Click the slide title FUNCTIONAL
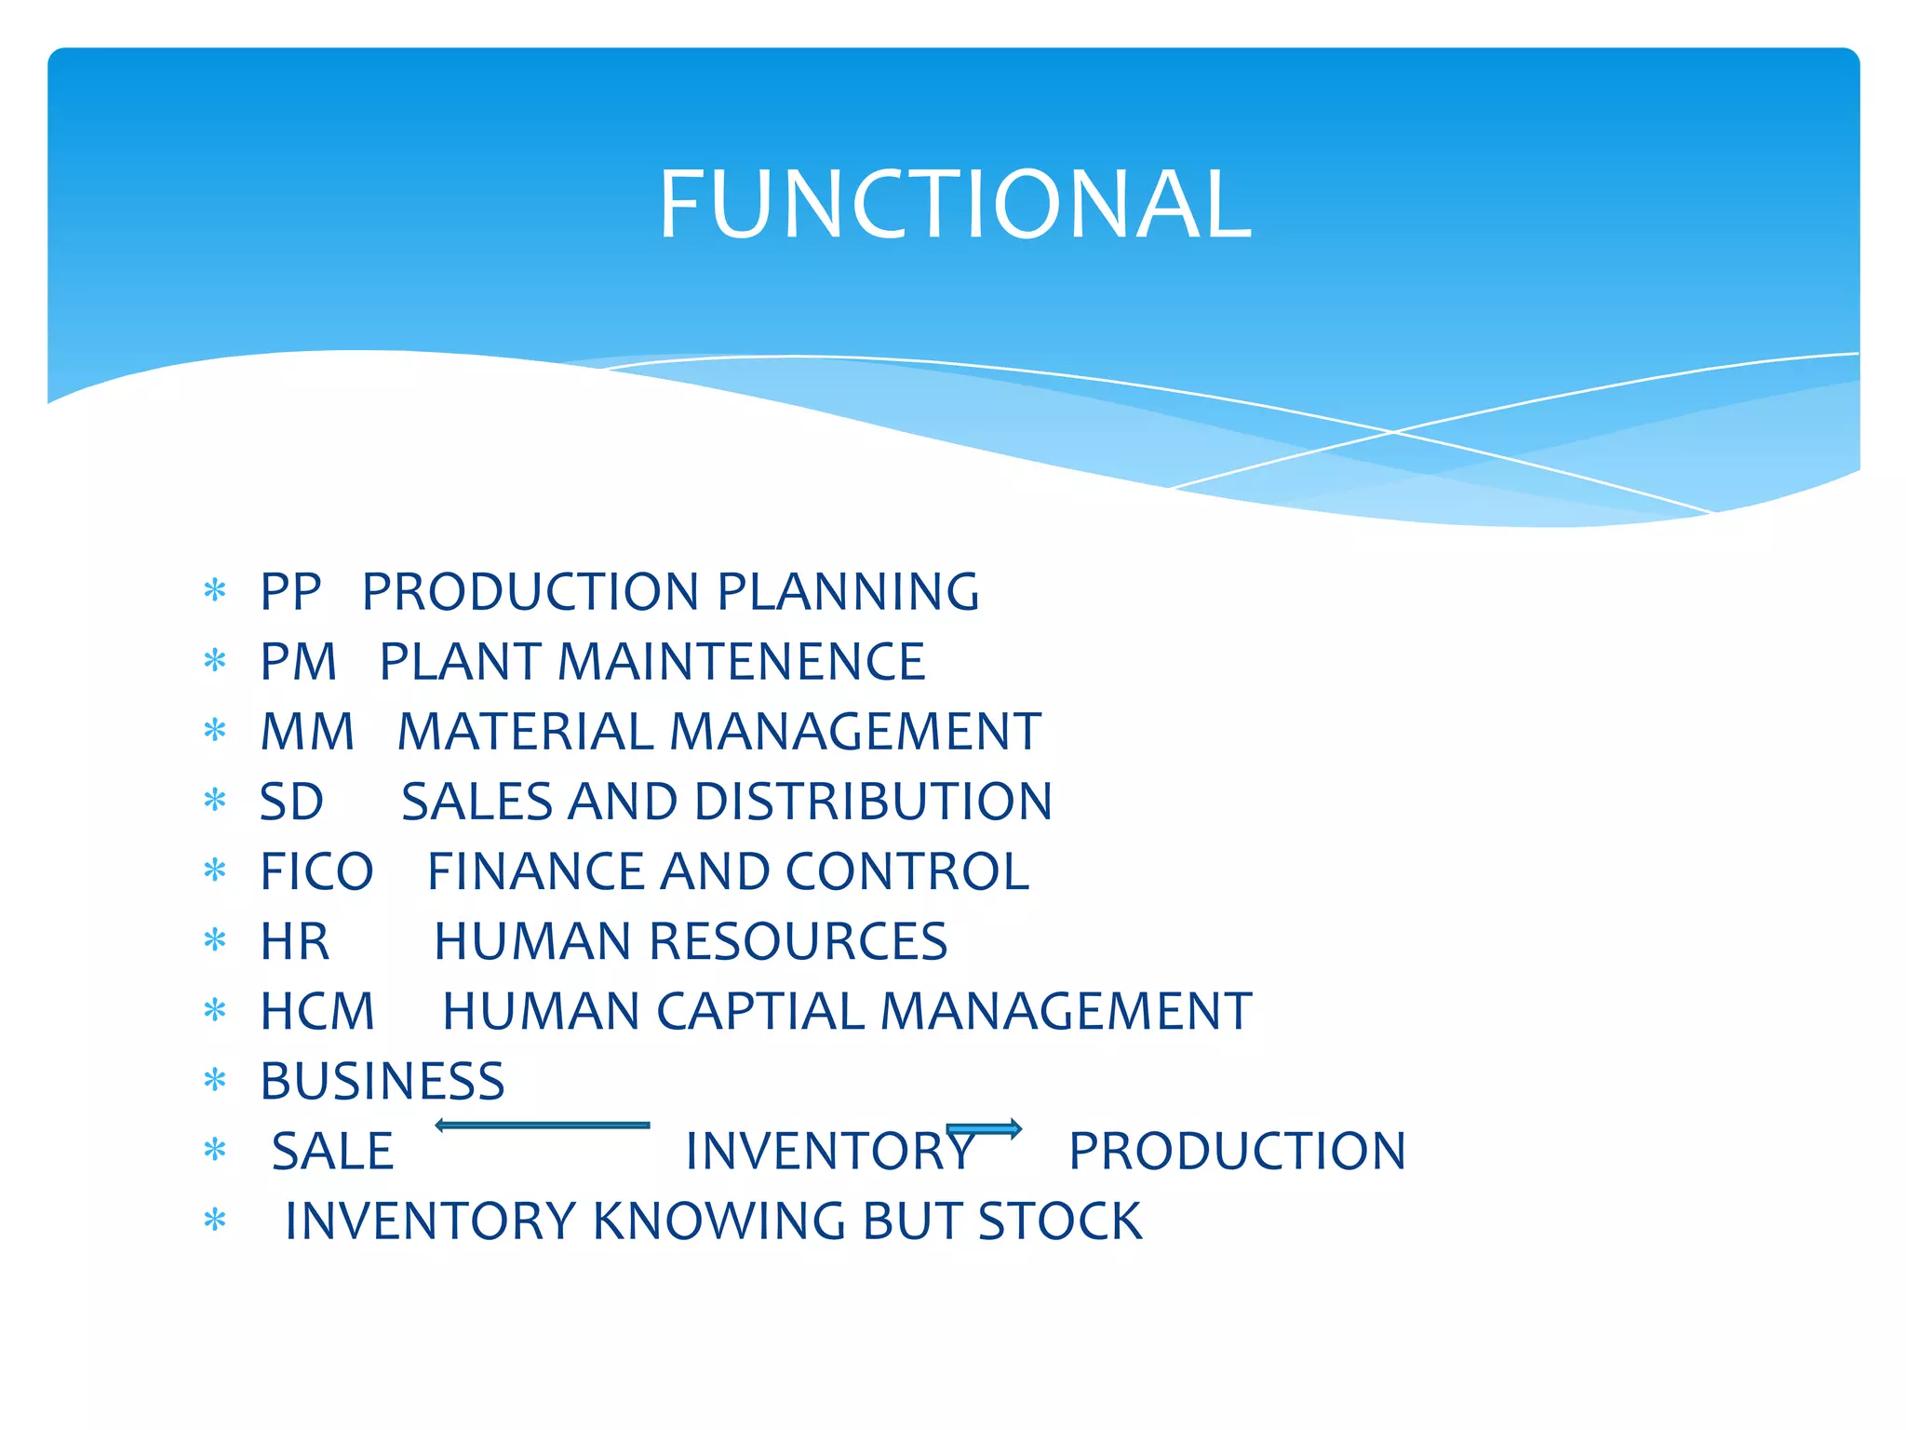point(955,204)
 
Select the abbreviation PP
point(290,592)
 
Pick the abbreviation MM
point(307,732)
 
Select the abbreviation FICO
point(316,871)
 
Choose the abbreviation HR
point(294,941)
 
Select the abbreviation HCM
point(317,1011)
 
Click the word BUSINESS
point(382,1081)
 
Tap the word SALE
point(332,1151)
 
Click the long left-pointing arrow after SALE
point(543,1126)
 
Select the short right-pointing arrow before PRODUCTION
point(985,1129)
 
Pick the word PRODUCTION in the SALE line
point(1237,1151)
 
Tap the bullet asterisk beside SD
point(215,801)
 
